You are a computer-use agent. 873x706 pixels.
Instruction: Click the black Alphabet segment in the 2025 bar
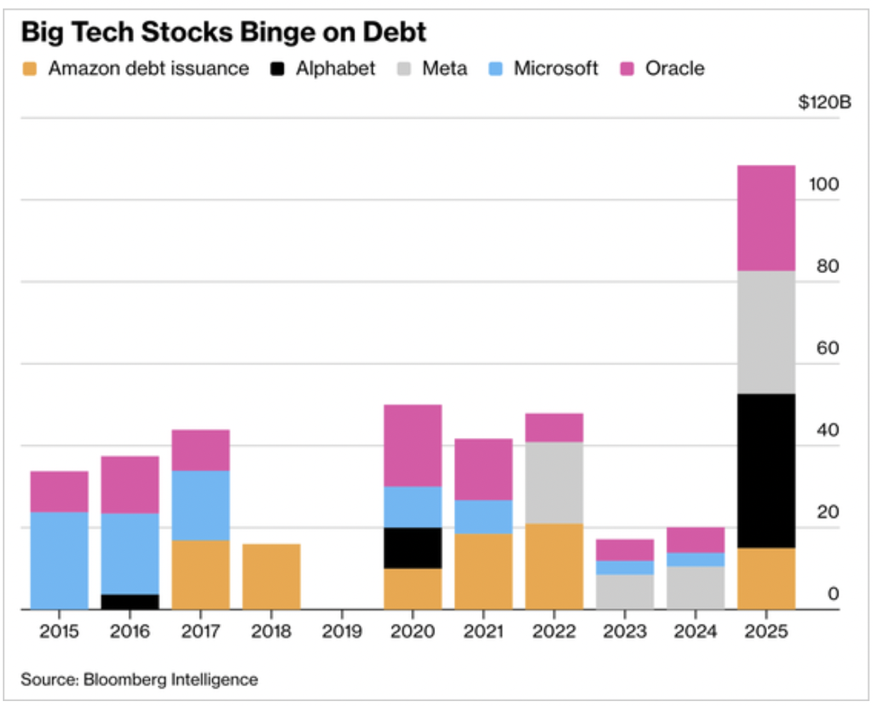pos(766,470)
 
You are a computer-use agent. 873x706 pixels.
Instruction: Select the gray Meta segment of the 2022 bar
pos(554,482)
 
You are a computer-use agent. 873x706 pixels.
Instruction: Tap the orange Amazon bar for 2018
pos(271,577)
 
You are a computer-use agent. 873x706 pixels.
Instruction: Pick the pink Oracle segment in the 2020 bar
pos(412,445)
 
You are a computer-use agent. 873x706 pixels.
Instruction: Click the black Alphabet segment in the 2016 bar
pos(129,601)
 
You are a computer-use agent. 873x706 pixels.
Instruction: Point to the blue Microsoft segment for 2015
pos(59,560)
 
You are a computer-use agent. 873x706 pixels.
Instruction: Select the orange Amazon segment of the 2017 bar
pos(200,574)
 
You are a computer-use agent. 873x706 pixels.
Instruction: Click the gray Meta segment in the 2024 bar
pos(695,587)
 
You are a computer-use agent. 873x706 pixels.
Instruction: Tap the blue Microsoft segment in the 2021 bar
pos(483,516)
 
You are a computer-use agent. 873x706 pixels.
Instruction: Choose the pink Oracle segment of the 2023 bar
pos(625,550)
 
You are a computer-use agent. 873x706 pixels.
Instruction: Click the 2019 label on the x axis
pos(342,630)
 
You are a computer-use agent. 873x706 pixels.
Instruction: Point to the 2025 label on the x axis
pos(766,630)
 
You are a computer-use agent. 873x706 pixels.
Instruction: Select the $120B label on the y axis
pos(824,103)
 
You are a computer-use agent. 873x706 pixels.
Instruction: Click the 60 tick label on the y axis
pos(827,348)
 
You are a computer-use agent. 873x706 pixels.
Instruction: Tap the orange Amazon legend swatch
pos(30,69)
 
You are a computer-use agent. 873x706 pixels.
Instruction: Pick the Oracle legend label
pos(674,69)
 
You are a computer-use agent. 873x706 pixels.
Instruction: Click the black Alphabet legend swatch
pos(277,69)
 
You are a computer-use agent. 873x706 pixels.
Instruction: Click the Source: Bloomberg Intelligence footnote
pos(139,680)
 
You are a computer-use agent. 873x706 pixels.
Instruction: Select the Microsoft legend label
pos(555,69)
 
